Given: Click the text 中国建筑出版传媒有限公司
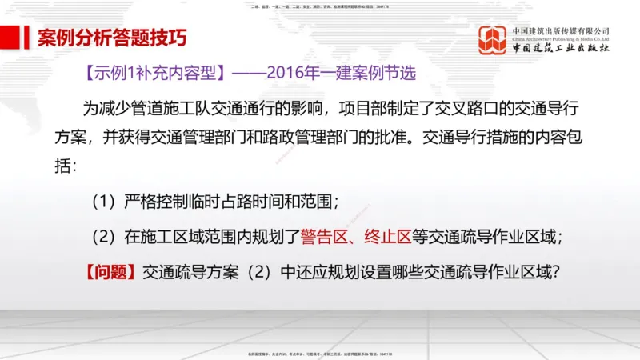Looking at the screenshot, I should click(561, 30).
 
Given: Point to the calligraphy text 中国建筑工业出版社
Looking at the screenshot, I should click(561, 48).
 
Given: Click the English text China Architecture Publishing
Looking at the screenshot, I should click(561, 38).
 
